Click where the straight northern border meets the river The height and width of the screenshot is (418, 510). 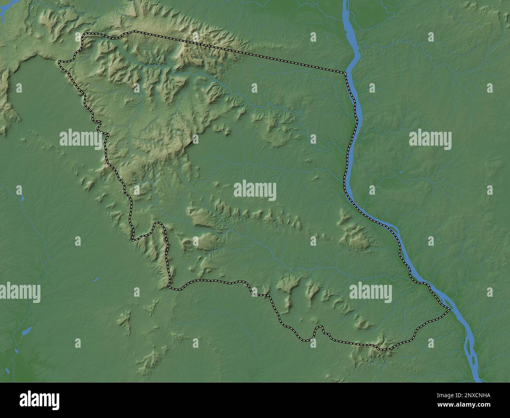(x=346, y=73)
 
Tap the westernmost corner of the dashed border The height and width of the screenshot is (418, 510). (x=59, y=62)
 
